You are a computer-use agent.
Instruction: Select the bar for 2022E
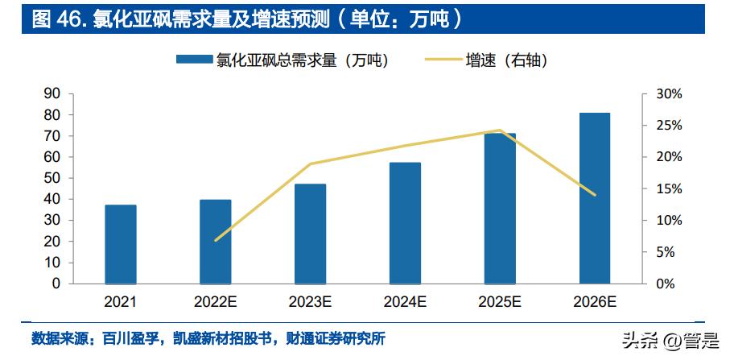click(x=215, y=242)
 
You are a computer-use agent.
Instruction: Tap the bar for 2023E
click(x=310, y=234)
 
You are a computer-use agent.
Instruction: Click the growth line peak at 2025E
click(x=500, y=130)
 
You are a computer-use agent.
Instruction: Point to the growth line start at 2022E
click(x=215, y=240)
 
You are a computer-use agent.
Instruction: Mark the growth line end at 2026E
click(x=595, y=195)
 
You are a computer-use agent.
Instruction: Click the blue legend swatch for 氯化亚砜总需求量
click(x=193, y=60)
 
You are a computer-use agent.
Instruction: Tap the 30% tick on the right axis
click(x=669, y=94)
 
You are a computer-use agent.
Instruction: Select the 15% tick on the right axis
click(x=669, y=189)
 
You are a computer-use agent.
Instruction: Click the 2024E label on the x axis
click(x=405, y=303)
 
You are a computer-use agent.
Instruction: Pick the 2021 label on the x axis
click(x=120, y=303)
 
